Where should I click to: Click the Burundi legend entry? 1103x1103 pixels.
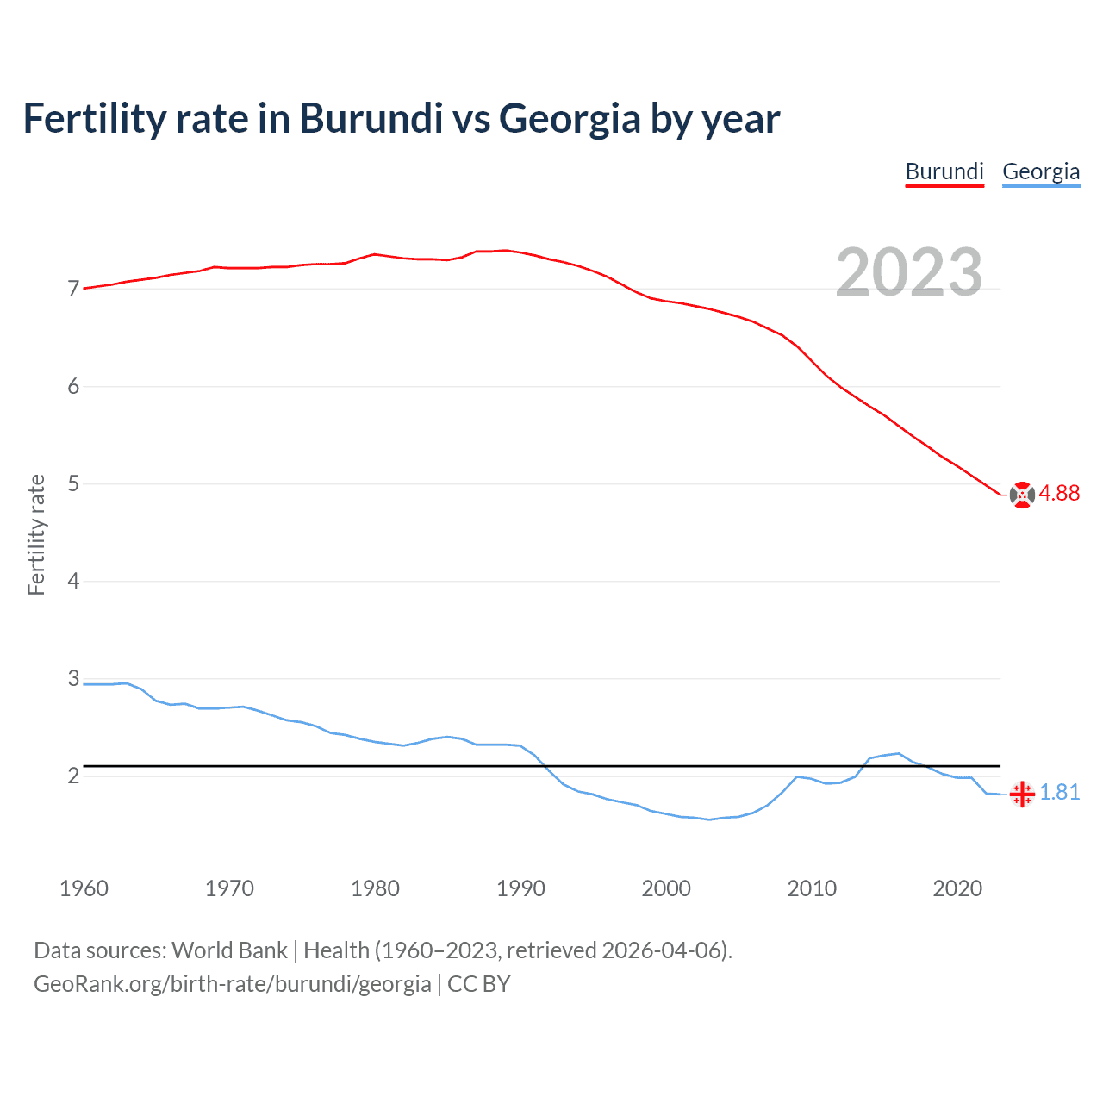tap(944, 171)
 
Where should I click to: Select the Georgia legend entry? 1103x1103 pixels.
tap(1041, 171)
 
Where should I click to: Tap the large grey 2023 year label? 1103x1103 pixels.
tap(908, 272)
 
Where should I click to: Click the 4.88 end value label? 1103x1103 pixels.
tap(1059, 493)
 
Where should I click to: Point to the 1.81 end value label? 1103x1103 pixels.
tap(1059, 792)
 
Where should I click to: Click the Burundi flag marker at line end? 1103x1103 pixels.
tap(1022, 495)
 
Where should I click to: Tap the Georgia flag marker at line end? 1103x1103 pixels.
tap(1022, 794)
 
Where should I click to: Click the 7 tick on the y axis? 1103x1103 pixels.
tap(73, 289)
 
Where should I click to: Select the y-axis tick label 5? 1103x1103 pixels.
tap(73, 483)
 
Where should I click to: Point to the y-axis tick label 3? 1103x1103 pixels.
tap(73, 678)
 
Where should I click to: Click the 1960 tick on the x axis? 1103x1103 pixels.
tap(84, 888)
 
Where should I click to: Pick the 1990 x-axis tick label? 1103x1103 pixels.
tap(520, 888)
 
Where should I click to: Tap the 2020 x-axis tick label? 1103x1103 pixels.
tap(957, 888)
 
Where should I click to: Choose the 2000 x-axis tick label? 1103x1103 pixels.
tap(666, 888)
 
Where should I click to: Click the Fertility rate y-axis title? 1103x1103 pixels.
tap(36, 534)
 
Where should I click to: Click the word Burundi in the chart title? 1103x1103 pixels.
tap(371, 118)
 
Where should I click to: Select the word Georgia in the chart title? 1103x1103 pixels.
tap(570, 118)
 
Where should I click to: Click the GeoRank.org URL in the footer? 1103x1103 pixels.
tap(232, 984)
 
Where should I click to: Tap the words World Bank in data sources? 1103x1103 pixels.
tap(229, 950)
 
